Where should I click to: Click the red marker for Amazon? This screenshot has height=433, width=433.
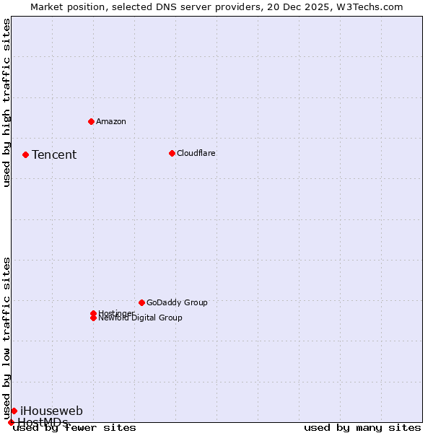(x=91, y=121)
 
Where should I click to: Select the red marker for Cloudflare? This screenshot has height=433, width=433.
(x=172, y=153)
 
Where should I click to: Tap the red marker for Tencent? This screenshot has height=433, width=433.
(x=25, y=154)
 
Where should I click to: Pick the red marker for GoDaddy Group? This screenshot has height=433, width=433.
(x=141, y=302)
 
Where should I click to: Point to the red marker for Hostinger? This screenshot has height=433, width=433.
(x=93, y=313)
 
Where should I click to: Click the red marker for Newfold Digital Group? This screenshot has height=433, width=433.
(x=93, y=318)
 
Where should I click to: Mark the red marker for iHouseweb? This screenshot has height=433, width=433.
(x=14, y=411)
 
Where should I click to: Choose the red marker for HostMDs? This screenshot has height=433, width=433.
(x=11, y=422)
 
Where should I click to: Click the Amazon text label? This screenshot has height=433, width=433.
(x=111, y=121)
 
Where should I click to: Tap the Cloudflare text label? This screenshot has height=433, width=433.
(x=196, y=153)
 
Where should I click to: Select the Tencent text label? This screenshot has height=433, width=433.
(x=54, y=155)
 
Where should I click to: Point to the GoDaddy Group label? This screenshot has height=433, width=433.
(x=177, y=302)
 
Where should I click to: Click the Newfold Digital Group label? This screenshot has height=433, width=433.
(x=141, y=318)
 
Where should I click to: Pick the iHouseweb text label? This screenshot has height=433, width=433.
(x=51, y=411)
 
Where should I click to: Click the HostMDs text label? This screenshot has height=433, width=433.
(x=43, y=422)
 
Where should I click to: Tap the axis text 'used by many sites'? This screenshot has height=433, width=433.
(x=362, y=428)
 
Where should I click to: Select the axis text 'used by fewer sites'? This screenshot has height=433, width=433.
(x=75, y=428)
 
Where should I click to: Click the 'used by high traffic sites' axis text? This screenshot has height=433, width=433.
(x=7, y=102)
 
